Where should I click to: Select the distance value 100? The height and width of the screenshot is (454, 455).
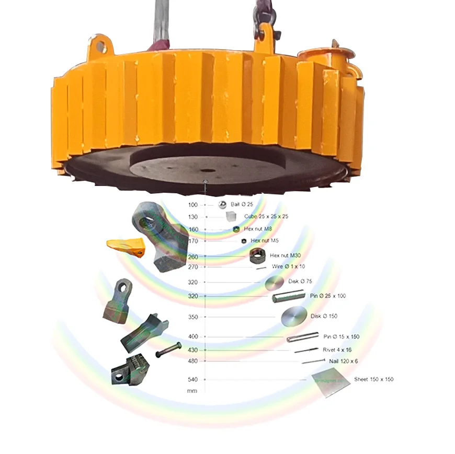[x=193, y=205]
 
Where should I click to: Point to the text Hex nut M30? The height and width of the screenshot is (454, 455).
[x=285, y=255]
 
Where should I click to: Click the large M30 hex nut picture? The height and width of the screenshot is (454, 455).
[x=257, y=255]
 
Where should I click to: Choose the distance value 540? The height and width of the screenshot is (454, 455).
[x=193, y=379]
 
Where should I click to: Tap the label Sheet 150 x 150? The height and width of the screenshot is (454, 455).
[x=373, y=379]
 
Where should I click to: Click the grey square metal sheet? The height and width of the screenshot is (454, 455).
[x=331, y=383]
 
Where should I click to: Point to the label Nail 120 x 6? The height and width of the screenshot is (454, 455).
[x=343, y=361]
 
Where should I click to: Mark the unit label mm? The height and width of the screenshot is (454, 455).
[x=192, y=391]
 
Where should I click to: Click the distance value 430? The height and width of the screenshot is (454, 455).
[x=193, y=350]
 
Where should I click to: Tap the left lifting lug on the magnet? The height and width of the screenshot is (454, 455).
[x=99, y=48]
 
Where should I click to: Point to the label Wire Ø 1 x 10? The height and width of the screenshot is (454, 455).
[x=288, y=266]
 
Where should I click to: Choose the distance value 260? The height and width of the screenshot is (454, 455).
[x=193, y=257]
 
